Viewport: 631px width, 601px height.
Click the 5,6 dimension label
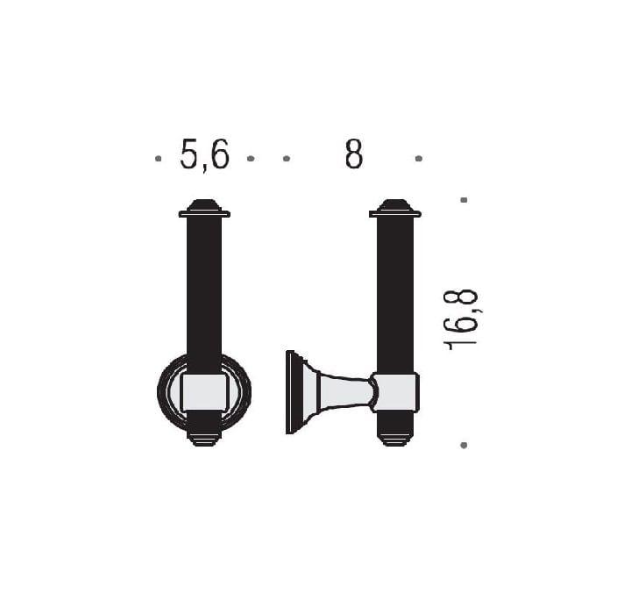click(x=204, y=154)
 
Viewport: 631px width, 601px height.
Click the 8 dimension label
click(x=354, y=154)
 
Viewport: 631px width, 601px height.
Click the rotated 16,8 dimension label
click(x=461, y=319)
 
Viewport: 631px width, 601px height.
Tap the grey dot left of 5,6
click(x=158, y=159)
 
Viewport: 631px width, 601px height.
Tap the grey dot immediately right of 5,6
click(x=251, y=159)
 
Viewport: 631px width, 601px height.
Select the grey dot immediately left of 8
click(x=287, y=159)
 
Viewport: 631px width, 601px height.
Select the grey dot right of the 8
click(x=419, y=159)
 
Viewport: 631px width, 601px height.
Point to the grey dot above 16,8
click(x=464, y=200)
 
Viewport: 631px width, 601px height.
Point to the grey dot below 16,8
click(x=464, y=445)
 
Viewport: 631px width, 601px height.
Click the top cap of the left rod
click(x=204, y=208)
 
